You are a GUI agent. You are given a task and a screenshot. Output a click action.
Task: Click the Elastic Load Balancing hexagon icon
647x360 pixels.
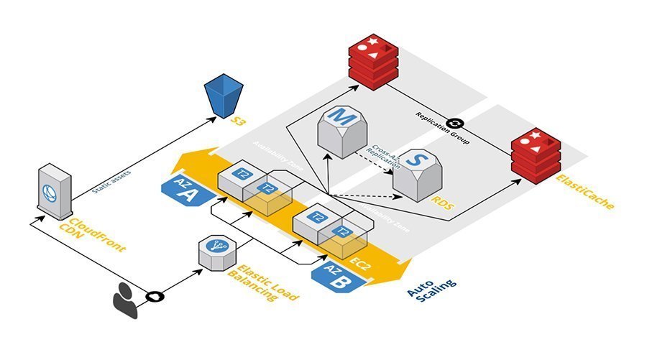[214, 251]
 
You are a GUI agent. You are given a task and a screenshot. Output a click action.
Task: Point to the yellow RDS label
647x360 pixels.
[444, 204]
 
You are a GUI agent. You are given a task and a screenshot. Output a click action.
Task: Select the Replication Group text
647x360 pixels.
[441, 129]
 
